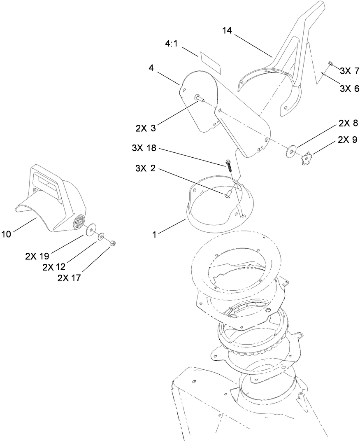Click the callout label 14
pyautogui.click(x=227, y=31)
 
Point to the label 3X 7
pyautogui.click(x=349, y=71)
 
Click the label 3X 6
pyautogui.click(x=349, y=89)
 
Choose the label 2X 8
pyautogui.click(x=348, y=123)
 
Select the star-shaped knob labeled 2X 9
pyautogui.click(x=307, y=157)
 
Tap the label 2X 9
pyautogui.click(x=348, y=140)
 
